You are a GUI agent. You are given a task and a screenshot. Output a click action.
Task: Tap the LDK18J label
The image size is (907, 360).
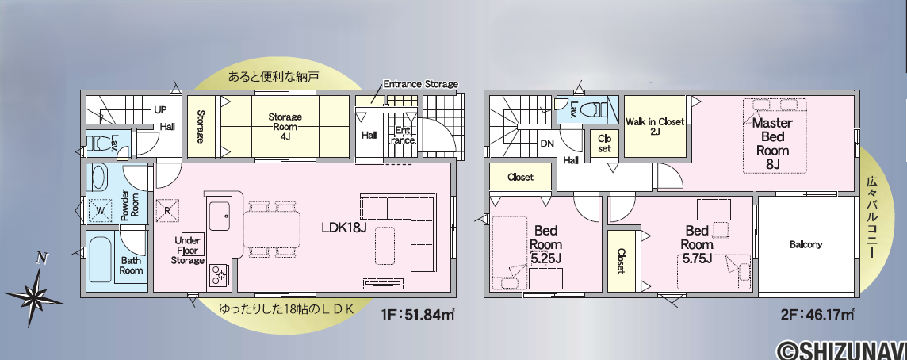pos(344,228)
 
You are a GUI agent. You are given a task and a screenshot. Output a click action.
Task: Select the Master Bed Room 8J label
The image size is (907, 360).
pos(773,144)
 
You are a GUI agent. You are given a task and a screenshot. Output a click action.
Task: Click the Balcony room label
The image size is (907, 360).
pos(806,245)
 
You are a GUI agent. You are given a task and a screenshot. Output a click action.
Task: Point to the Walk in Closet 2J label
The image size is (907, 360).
pos(655,127)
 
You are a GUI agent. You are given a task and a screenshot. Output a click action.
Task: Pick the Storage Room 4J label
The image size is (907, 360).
pos(285,127)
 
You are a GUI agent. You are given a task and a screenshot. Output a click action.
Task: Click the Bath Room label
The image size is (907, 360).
pos(132,266)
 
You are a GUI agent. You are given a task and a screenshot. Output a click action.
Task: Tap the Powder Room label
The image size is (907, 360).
pos(130,204)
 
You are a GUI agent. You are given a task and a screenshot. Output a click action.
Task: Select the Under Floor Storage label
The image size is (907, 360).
pos(187,251)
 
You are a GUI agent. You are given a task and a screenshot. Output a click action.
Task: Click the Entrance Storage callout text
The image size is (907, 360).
pos(420,84)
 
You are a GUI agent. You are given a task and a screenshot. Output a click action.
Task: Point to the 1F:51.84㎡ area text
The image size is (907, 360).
pos(417,315)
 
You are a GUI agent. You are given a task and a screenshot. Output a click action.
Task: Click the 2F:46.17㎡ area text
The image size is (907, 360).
pos(817,315)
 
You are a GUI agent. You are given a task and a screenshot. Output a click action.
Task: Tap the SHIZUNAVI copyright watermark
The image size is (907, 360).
pos(841,350)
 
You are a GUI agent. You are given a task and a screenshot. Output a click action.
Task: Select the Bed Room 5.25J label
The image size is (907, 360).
pos(545,245)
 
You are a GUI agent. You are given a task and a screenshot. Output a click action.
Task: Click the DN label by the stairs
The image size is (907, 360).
pos(547,144)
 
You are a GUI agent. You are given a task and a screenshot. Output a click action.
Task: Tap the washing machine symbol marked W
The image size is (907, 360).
pos(100,210)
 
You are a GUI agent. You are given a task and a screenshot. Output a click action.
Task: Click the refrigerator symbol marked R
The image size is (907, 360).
pos(167,211)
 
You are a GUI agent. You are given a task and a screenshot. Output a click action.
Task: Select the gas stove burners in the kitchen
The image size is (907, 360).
pos(220,274)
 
